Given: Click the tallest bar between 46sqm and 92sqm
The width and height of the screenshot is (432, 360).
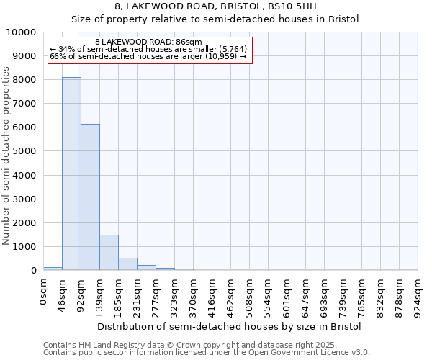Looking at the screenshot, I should click(x=71, y=174).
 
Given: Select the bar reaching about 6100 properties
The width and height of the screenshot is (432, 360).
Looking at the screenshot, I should click(x=90, y=197).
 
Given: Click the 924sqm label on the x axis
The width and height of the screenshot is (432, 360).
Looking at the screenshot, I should click(x=418, y=294).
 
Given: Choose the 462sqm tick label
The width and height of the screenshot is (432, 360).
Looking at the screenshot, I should click(x=231, y=294).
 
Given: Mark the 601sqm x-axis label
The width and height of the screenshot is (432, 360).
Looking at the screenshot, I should click(x=287, y=294).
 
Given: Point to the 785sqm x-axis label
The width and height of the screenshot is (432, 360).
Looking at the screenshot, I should click(x=362, y=294).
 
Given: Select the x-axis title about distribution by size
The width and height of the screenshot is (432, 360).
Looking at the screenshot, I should click(x=229, y=326).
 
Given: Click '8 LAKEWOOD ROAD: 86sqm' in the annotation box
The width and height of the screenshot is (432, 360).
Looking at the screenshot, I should click(x=148, y=42).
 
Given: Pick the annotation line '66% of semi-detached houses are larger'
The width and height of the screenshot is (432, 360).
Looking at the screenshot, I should click(x=148, y=56).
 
